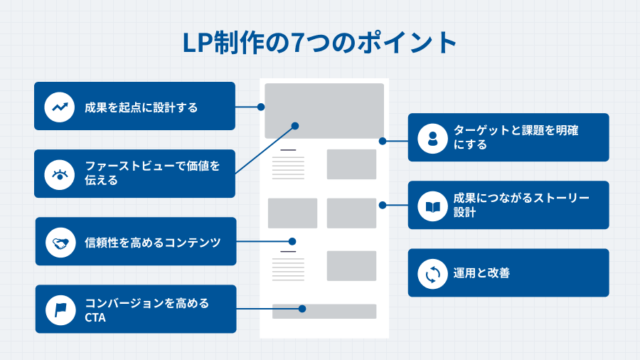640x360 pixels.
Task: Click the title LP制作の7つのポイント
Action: coord(319,43)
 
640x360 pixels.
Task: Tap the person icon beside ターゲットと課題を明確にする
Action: coord(432,137)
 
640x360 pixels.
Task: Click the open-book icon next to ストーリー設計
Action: coord(432,206)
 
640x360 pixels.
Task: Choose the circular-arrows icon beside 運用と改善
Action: coord(432,273)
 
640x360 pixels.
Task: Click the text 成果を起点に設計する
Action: coord(141,107)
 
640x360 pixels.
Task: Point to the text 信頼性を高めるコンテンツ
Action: coord(152,243)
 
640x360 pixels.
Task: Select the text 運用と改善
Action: coord(481,273)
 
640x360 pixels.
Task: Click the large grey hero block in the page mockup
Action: coord(324,110)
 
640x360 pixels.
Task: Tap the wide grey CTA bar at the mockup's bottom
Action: coord(324,312)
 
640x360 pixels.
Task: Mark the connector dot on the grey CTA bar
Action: coord(302,309)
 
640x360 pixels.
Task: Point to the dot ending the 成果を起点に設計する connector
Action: coord(261,107)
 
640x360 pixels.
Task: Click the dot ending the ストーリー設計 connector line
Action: coord(383,205)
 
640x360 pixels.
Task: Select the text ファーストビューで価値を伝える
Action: coord(152,174)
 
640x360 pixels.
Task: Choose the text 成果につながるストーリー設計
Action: coord(521,205)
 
